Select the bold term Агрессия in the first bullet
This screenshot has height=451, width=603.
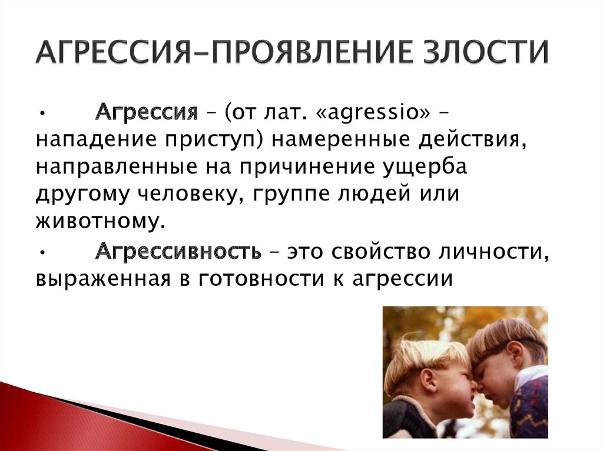[147, 113]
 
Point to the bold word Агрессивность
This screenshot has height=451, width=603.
[178, 252]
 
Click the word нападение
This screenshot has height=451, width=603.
[96, 140]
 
